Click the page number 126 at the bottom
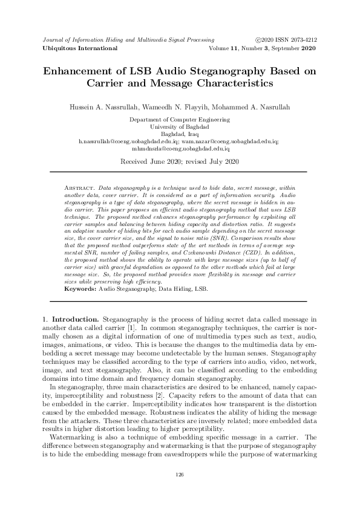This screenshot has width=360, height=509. [180, 475]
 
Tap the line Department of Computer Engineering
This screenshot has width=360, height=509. [180, 120]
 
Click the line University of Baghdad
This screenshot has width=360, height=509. [180, 127]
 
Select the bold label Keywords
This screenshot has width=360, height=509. [80, 290]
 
